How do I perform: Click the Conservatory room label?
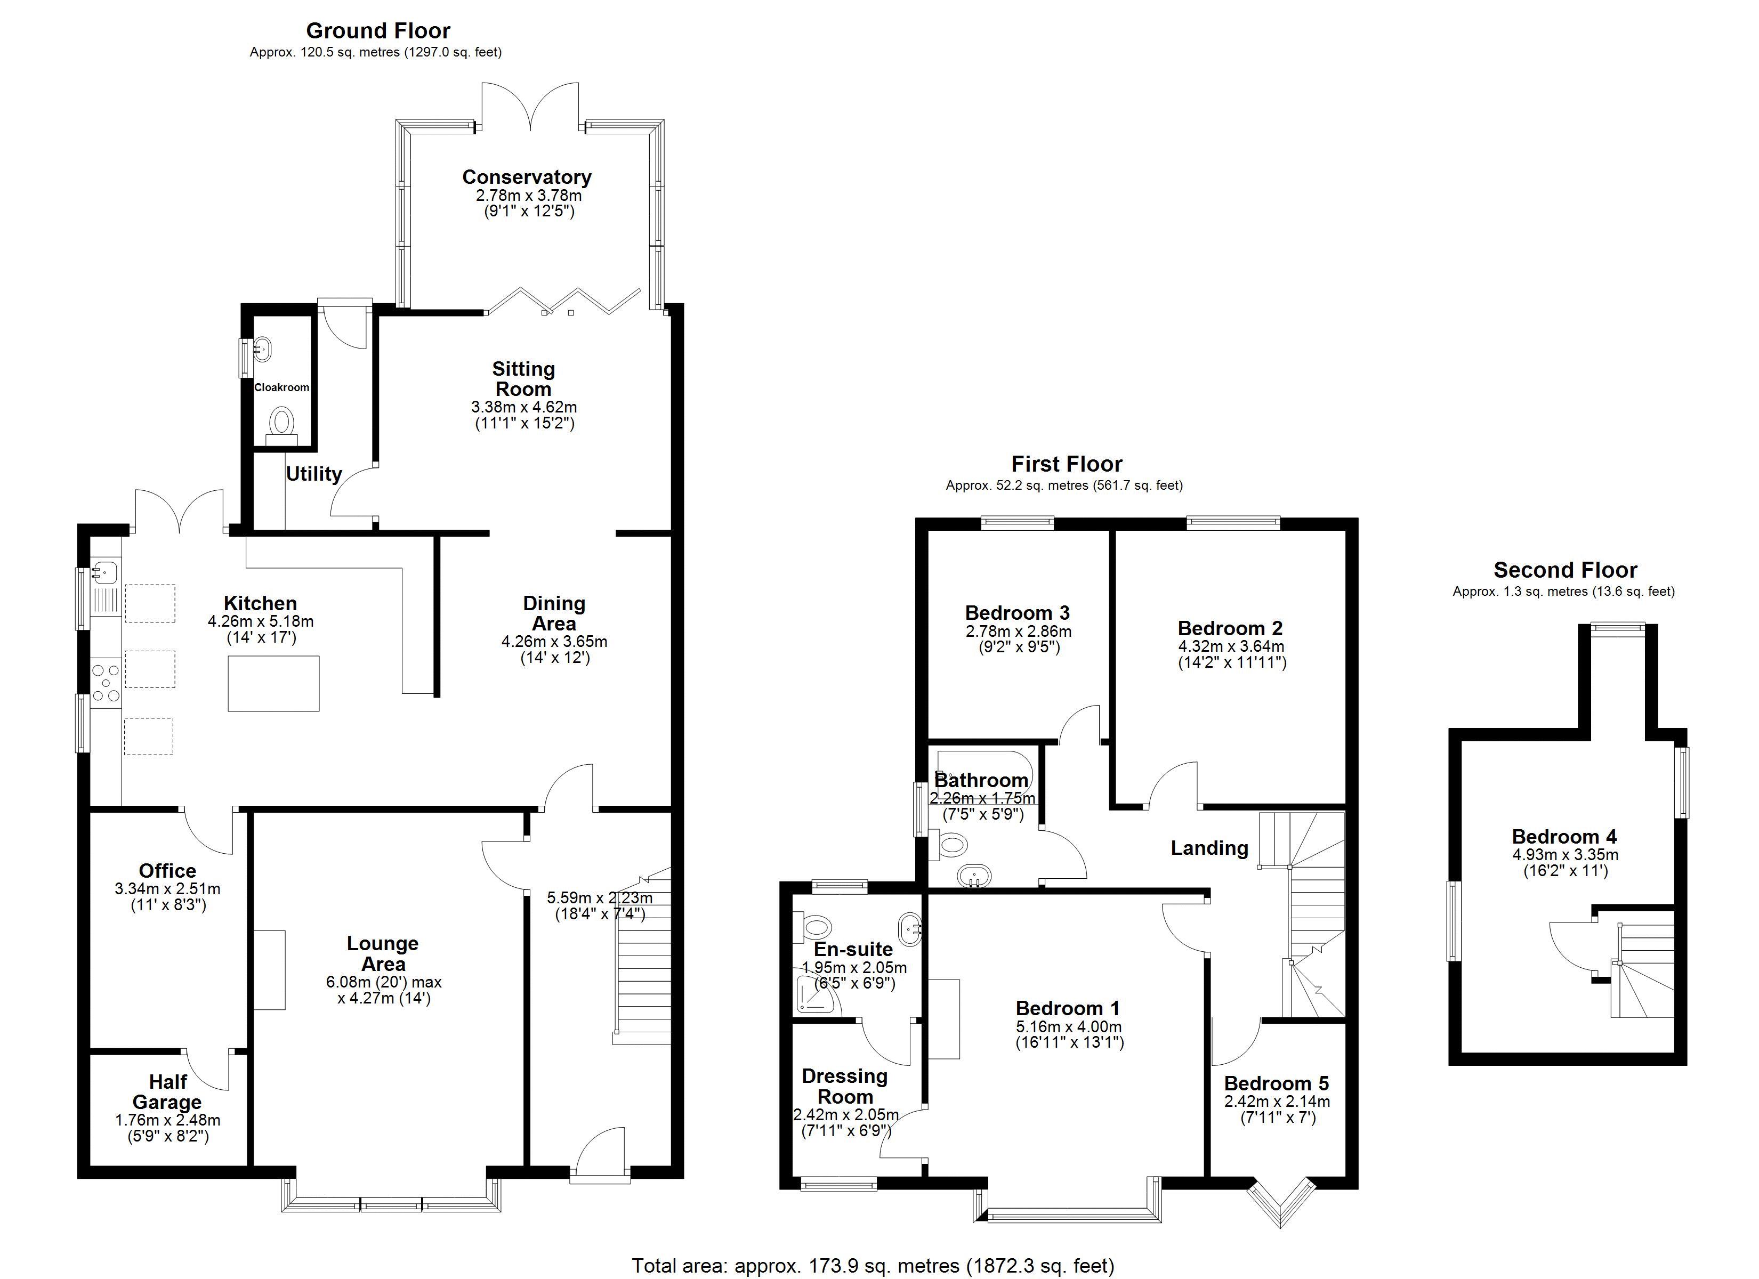(x=527, y=177)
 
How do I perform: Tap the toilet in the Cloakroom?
(x=281, y=426)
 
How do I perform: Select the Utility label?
(x=314, y=474)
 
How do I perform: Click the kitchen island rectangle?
(x=273, y=683)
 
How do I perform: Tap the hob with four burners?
(x=106, y=683)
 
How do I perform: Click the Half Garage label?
(x=167, y=1092)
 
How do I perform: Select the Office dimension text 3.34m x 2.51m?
(x=167, y=889)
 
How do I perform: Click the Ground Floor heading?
(x=378, y=31)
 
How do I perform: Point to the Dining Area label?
(x=554, y=613)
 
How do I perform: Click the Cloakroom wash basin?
(x=262, y=349)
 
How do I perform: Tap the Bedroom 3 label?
(x=1018, y=613)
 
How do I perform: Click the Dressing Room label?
(x=845, y=1087)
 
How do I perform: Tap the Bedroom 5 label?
(x=1277, y=1083)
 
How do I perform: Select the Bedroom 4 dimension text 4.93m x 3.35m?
(x=1565, y=855)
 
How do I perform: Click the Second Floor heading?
(x=1565, y=570)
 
